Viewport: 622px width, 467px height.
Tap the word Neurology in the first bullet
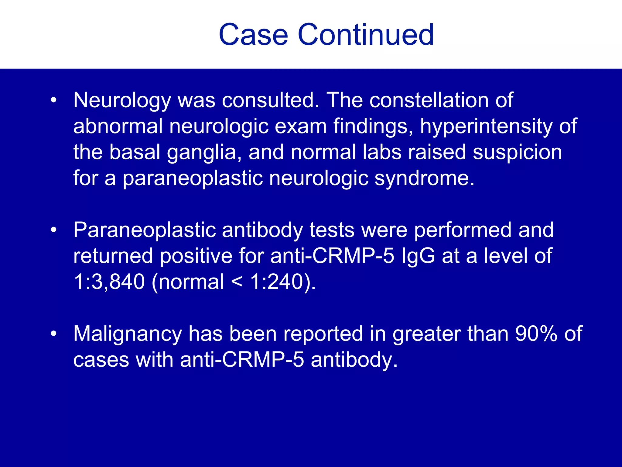tap(122, 101)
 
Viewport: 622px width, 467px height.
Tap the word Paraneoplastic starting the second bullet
tap(144, 230)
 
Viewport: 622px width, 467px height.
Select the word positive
tap(196, 256)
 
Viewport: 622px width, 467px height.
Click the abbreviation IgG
tap(418, 256)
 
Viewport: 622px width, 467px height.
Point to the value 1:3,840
tap(109, 282)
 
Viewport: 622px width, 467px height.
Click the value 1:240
tap(277, 282)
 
